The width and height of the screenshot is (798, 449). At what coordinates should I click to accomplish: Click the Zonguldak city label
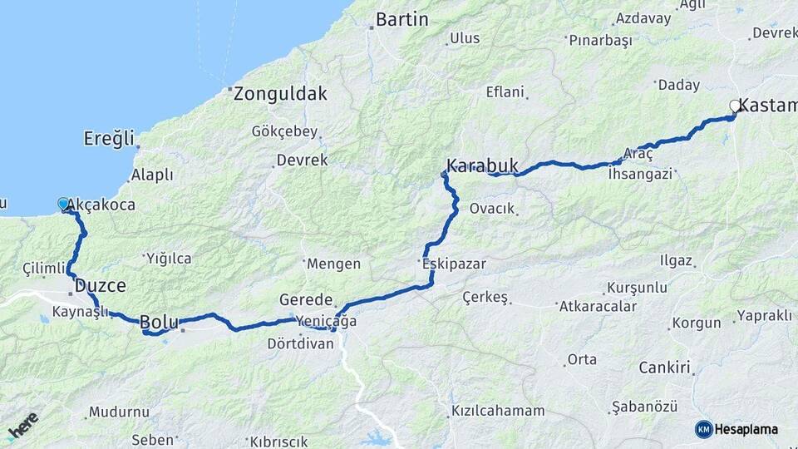280,94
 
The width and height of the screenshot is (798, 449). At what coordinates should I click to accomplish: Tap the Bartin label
401,19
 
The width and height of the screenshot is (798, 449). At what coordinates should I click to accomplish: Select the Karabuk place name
482,165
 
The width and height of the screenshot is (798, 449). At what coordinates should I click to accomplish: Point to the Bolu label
158,322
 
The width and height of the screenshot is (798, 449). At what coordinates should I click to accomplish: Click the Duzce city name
100,285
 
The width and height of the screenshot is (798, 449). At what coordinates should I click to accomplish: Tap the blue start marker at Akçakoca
64,204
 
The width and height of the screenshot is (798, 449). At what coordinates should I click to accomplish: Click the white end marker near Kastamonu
734,106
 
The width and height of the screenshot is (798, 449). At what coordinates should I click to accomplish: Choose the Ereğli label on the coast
109,138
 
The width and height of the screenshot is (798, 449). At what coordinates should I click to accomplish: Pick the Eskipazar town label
454,264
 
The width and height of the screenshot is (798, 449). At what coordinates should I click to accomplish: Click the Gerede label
306,299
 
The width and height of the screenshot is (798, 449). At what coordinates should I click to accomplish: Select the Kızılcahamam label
498,411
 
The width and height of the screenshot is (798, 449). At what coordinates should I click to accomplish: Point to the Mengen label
333,264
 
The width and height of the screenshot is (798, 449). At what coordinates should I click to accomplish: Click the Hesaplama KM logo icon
704,429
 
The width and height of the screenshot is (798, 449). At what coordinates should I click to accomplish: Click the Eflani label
505,92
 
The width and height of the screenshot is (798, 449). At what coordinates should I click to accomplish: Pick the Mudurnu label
119,412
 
